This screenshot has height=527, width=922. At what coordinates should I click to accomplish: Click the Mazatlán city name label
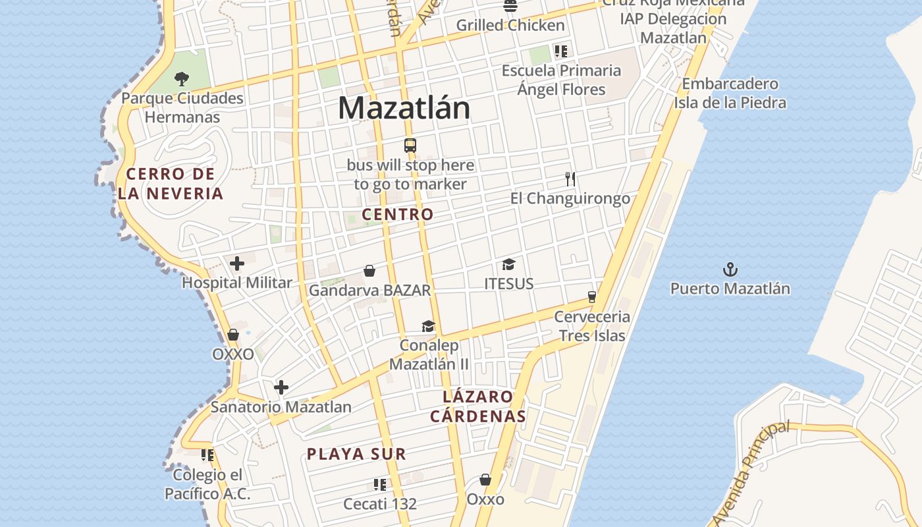pyautogui.click(x=404, y=108)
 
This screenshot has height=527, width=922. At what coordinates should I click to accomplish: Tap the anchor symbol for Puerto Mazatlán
pyautogui.click(x=730, y=269)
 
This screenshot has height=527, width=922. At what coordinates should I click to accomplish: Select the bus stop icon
pyautogui.click(x=410, y=146)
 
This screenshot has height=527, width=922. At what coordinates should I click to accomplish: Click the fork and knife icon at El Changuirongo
pyautogui.click(x=570, y=179)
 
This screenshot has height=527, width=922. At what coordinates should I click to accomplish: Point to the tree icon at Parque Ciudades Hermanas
pyautogui.click(x=181, y=79)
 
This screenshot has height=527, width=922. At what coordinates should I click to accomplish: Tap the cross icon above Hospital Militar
pyautogui.click(x=237, y=264)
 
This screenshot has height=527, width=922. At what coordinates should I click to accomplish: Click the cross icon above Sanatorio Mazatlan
pyautogui.click(x=281, y=387)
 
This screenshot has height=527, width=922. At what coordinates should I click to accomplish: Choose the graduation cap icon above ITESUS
pyautogui.click(x=508, y=265)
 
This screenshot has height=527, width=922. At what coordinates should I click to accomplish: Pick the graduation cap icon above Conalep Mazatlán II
pyautogui.click(x=428, y=327)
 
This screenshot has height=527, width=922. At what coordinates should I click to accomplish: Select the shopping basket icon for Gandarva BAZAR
pyautogui.click(x=369, y=271)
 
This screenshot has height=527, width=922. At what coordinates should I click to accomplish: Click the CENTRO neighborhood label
pyautogui.click(x=398, y=214)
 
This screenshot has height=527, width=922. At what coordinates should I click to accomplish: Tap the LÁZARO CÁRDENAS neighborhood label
pyautogui.click(x=477, y=406)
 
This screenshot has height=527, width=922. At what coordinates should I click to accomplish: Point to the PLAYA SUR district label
pyautogui.click(x=356, y=454)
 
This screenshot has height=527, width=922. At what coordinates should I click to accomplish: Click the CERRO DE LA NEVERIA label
pyautogui.click(x=171, y=184)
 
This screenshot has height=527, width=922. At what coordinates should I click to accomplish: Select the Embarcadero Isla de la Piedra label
pyautogui.click(x=730, y=94)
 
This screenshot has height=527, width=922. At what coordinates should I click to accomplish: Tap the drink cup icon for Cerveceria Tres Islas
pyautogui.click(x=592, y=297)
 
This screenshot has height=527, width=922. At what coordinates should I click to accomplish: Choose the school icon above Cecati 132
pyautogui.click(x=380, y=485)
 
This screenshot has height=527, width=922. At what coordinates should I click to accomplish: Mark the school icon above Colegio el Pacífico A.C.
pyautogui.click(x=207, y=455)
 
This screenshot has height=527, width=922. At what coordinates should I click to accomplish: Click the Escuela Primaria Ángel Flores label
pyautogui.click(x=561, y=80)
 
